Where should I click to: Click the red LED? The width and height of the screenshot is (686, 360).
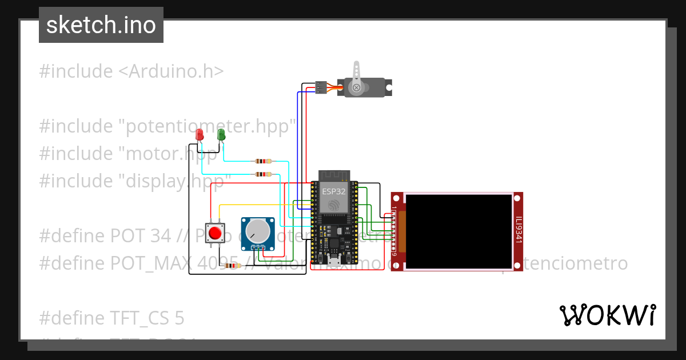[x=199, y=135]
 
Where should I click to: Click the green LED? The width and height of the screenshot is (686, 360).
[x=221, y=135]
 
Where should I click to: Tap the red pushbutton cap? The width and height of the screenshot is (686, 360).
[x=216, y=233]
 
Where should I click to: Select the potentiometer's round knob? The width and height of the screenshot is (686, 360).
[x=257, y=231]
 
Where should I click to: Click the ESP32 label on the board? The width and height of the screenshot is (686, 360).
[x=334, y=191]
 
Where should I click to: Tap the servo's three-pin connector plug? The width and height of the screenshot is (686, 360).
[x=321, y=87]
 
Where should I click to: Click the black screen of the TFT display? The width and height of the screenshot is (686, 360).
[x=459, y=231]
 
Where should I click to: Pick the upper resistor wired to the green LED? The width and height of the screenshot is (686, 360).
[x=263, y=162]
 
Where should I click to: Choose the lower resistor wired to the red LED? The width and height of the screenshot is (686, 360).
[x=263, y=174]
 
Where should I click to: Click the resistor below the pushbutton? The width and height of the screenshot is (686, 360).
[x=232, y=265]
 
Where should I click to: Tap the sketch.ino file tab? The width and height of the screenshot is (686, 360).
[x=101, y=25]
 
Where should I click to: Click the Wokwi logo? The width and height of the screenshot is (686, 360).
[x=607, y=315]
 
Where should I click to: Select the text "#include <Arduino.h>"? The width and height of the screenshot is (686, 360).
[x=131, y=71]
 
